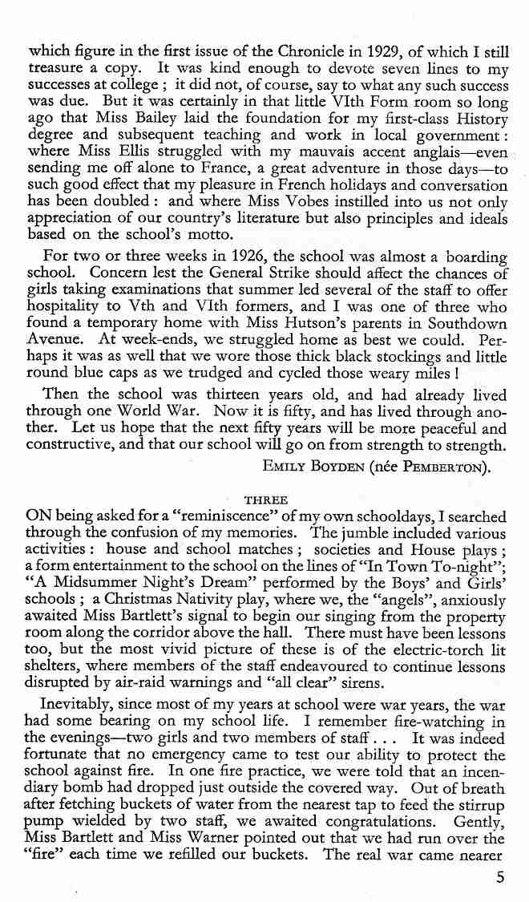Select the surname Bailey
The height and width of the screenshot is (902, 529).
(138, 119)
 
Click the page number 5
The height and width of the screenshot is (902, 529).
(499, 876)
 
